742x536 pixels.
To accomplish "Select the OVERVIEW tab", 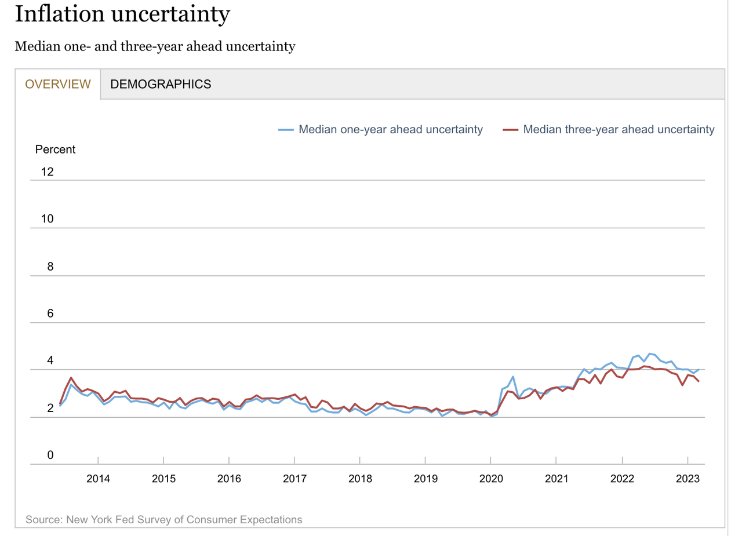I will pos(58,84).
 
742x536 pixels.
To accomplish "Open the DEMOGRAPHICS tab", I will pos(161,84).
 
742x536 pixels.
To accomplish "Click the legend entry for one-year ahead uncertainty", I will pos(390,130).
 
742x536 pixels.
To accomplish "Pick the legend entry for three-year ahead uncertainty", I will pos(619,130).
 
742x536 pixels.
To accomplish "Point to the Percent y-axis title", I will pos(55,150).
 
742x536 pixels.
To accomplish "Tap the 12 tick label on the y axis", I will pos(47,172).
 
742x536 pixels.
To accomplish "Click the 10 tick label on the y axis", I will pos(47,219).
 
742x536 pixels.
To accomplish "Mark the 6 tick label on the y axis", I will pos(50,313).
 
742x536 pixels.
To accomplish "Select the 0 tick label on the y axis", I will pos(50,455).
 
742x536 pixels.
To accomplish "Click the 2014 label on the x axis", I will pos(98,479).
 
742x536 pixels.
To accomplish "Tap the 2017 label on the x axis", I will pos(294,479).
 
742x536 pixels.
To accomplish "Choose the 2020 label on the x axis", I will pos(491,479).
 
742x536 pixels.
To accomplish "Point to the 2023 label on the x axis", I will pos(688,479).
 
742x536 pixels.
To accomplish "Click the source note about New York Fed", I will pos(164,519).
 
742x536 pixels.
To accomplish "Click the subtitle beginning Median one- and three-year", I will pos(155,46).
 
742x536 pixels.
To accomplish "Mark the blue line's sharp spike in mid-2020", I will pos(513,377).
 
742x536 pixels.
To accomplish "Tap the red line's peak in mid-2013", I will pos(71,378).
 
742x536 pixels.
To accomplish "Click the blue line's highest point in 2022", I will pos(649,353).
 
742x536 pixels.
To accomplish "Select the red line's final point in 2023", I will pos(699,381).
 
